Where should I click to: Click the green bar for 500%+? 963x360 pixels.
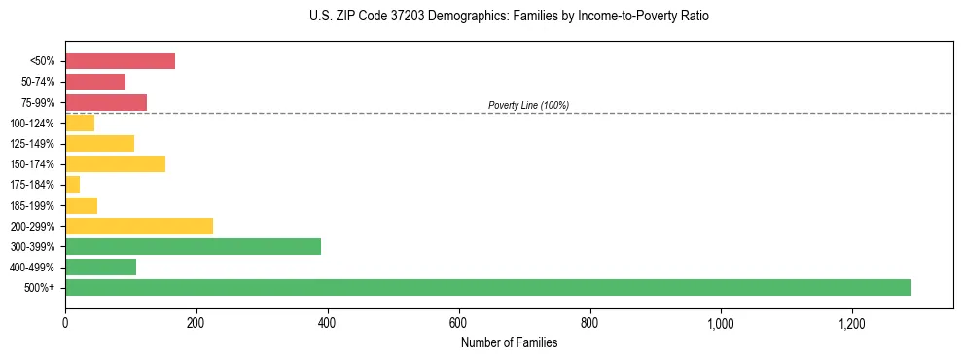pos(487,287)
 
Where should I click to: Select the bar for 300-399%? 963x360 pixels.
pos(193,246)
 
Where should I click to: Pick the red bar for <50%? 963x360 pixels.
pos(120,61)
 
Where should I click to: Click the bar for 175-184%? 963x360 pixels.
pos(73,184)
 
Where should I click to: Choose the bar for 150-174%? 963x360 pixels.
pos(115,163)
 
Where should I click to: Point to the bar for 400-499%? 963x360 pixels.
pos(100,267)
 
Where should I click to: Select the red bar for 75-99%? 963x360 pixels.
pos(106,102)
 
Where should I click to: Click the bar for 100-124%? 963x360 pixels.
pos(80,123)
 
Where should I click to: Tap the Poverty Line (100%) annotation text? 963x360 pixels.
pos(528,105)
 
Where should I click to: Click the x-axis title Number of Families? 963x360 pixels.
pos(509,342)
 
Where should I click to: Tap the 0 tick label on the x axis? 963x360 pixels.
pos(65,322)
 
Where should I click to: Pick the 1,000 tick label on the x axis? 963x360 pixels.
pos(721,322)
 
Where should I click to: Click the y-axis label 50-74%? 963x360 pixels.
pos(39,82)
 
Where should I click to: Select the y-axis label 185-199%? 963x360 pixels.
pos(37,205)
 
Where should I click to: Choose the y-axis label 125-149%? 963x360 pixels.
pos(37,143)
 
